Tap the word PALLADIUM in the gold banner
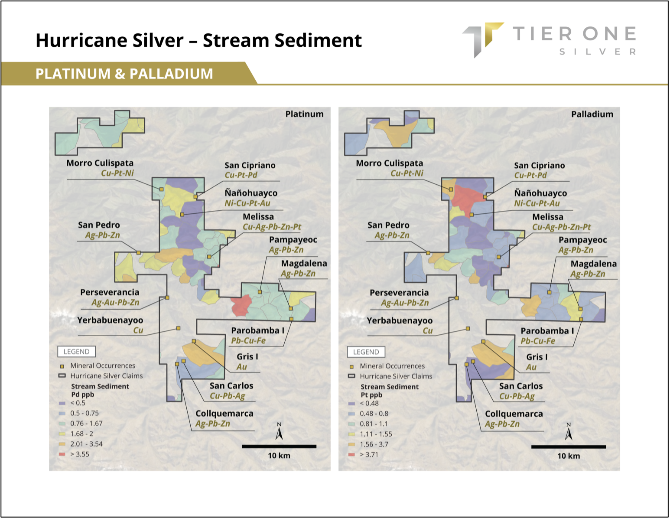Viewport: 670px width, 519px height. click(x=171, y=74)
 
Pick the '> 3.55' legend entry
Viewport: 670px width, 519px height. click(x=74, y=454)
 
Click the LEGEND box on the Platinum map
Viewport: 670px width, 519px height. click(x=76, y=352)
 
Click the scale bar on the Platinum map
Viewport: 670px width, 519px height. click(x=279, y=447)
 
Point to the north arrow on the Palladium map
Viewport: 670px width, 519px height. click(x=569, y=431)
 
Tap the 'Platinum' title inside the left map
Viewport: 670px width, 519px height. click(x=304, y=114)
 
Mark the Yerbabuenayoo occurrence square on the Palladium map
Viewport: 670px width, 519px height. click(x=468, y=329)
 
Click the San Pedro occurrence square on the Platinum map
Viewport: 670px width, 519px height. click(x=138, y=253)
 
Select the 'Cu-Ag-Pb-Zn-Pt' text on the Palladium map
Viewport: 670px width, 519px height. click(x=562, y=227)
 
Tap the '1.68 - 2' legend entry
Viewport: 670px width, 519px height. click(x=76, y=434)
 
